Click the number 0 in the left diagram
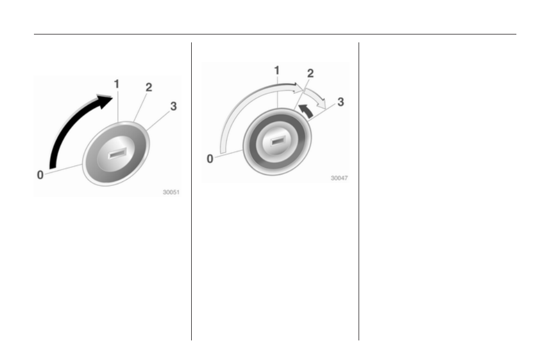pyautogui.click(x=40, y=175)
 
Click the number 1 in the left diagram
pyautogui.click(x=117, y=84)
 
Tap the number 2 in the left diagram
pyautogui.click(x=149, y=87)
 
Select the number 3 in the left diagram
pyautogui.click(x=174, y=106)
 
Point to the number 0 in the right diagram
pyautogui.click(x=210, y=159)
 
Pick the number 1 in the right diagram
pyautogui.click(x=277, y=71)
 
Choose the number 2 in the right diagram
pyautogui.click(x=310, y=73)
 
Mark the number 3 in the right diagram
pyautogui.click(x=340, y=102)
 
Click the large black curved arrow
pyautogui.click(x=69, y=121)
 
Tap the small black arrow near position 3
pyautogui.click(x=307, y=111)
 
